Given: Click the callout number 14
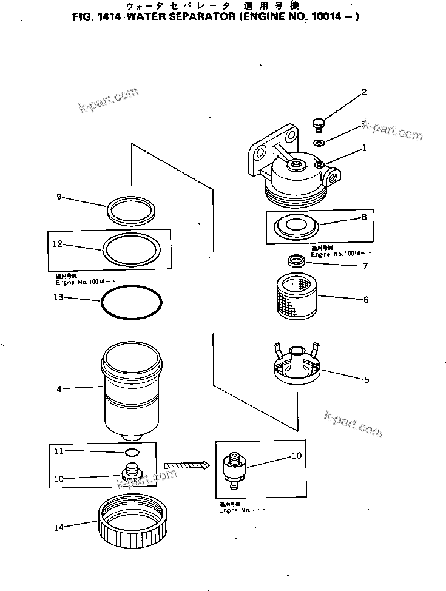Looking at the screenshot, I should (58, 527).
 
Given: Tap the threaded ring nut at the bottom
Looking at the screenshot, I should (132, 522).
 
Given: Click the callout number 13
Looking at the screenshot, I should (58, 297).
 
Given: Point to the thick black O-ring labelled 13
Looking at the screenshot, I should (132, 301).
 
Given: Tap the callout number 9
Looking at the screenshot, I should (59, 197).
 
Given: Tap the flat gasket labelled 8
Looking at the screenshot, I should (297, 226).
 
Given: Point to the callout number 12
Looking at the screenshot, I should (57, 245).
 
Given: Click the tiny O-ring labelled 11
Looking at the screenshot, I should (130, 452).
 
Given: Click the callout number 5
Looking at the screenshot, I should (365, 380).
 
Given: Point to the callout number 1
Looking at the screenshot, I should (364, 147).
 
